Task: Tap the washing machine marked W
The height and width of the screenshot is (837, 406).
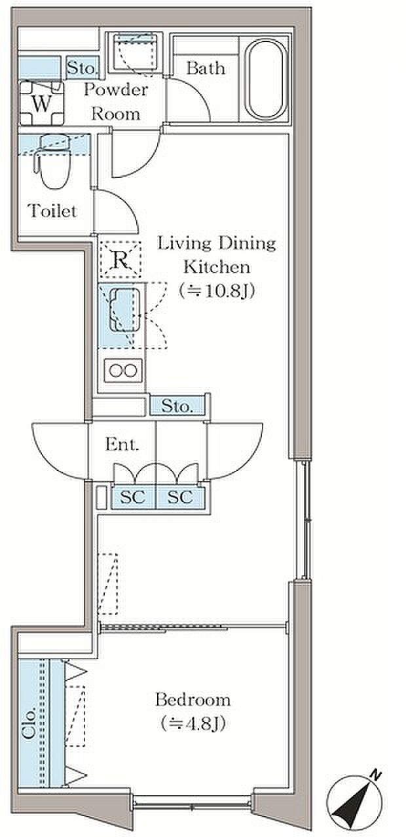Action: (x=41, y=103)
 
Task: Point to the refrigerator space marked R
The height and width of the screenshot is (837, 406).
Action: (x=120, y=259)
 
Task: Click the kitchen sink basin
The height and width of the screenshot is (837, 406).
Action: (x=124, y=310)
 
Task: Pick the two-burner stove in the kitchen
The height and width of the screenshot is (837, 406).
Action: (x=122, y=370)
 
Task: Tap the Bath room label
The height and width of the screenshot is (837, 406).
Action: (x=206, y=68)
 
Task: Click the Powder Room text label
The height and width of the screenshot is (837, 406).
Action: (x=116, y=101)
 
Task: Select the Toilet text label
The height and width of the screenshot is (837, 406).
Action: (x=52, y=211)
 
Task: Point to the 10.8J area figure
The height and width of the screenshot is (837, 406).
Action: (x=217, y=290)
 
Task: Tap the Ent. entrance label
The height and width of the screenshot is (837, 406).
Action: (x=122, y=444)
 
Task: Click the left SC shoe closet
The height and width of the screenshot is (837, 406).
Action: (x=133, y=498)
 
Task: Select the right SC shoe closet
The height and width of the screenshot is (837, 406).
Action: (x=180, y=498)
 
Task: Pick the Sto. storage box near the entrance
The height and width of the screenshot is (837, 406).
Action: (x=177, y=405)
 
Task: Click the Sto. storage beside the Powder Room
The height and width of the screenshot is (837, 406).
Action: (x=83, y=67)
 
